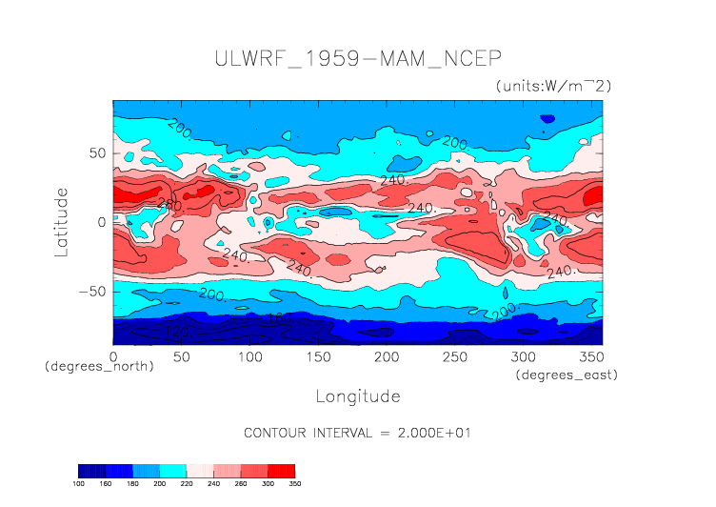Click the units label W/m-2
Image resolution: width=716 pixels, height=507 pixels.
pyautogui.click(x=553, y=86)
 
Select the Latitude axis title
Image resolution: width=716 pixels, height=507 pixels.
pyautogui.click(x=62, y=221)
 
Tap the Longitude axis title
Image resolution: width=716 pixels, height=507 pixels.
pyautogui.click(x=357, y=395)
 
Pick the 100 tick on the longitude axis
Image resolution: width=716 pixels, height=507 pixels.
pyautogui.click(x=249, y=355)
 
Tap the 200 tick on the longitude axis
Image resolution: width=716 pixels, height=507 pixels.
pyautogui.click(x=386, y=355)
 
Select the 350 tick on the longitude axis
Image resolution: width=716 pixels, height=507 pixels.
pyautogui.click(x=590, y=355)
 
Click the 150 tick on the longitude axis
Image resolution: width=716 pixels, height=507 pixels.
pyautogui.click(x=317, y=355)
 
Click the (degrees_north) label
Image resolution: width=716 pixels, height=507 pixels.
pyautogui.click(x=99, y=366)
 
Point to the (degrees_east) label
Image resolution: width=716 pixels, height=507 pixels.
pyautogui.click(x=567, y=375)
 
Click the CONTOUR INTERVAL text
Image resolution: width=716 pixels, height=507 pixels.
pyautogui.click(x=357, y=433)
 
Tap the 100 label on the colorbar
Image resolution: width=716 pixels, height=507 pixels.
pyautogui.click(x=79, y=484)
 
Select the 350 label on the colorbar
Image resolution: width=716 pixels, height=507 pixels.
pyautogui.click(x=295, y=484)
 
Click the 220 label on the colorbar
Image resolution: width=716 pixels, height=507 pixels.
pyautogui.click(x=188, y=484)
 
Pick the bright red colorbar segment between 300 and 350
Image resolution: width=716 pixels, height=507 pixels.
pyautogui.click(x=282, y=471)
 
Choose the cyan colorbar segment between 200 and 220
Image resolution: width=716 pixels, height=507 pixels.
pyautogui.click(x=173, y=471)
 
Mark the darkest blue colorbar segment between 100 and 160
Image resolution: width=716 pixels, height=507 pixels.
pyautogui.click(x=92, y=471)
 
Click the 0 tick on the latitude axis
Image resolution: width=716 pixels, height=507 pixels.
pyautogui.click(x=102, y=222)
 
